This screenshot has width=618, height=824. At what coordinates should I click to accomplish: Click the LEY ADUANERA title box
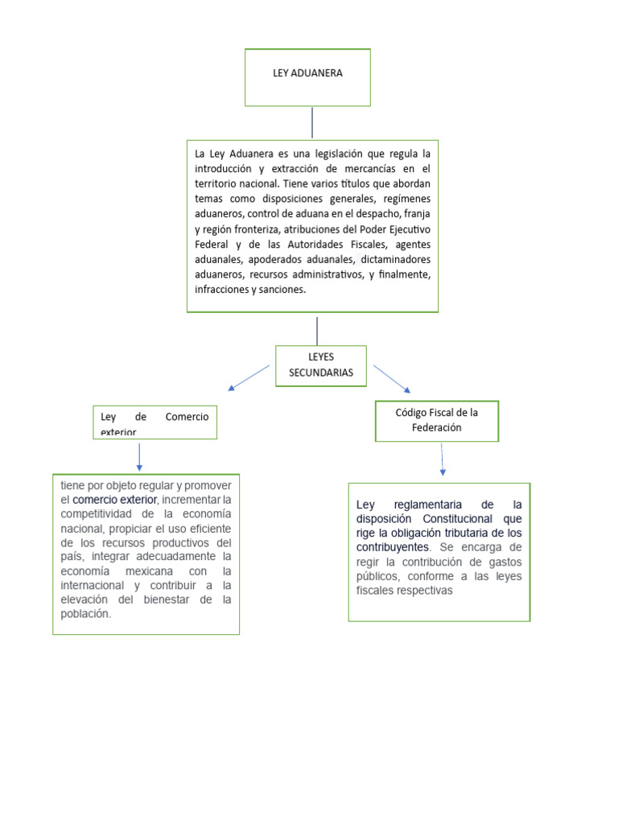point(307,77)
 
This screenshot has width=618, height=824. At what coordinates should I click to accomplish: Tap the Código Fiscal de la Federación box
point(437,420)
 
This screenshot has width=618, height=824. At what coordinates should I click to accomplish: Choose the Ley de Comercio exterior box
point(154,422)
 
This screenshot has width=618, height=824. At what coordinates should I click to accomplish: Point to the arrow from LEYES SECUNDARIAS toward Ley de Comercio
point(249,377)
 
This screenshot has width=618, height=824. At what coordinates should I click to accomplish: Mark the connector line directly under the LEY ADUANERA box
point(312,122)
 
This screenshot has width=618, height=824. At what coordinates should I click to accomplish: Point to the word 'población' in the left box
point(84,613)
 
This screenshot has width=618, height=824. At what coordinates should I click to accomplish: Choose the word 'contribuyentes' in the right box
point(392,547)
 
